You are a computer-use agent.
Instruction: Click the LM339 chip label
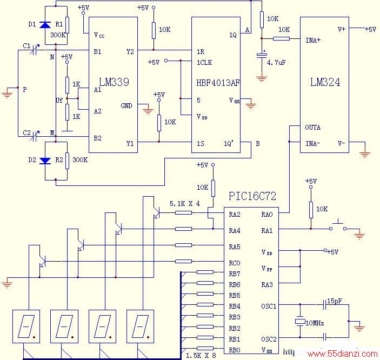click(114, 82)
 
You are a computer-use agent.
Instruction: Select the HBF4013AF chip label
click(218, 83)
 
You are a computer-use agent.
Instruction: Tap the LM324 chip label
click(325, 82)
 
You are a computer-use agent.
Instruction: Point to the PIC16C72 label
click(252, 196)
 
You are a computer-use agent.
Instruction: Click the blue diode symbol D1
click(45, 25)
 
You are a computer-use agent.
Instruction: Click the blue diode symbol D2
click(45, 161)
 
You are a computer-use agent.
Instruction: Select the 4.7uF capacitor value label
click(276, 63)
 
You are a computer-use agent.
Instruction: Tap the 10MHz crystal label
click(315, 323)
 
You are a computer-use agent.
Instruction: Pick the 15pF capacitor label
click(335, 301)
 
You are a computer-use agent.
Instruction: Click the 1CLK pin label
click(204, 63)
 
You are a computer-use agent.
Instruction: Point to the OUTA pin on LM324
click(312, 127)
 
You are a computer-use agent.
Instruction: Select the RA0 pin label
click(267, 214)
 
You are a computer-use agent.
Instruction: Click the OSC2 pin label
click(269, 339)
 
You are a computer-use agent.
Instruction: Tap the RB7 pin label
click(235, 274)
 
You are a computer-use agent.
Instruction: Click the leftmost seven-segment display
click(26, 326)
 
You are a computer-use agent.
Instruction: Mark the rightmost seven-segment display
click(141, 326)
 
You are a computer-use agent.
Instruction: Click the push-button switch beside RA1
click(338, 225)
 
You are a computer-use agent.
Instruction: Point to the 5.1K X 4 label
click(185, 204)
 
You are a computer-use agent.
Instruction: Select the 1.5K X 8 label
click(201, 356)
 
